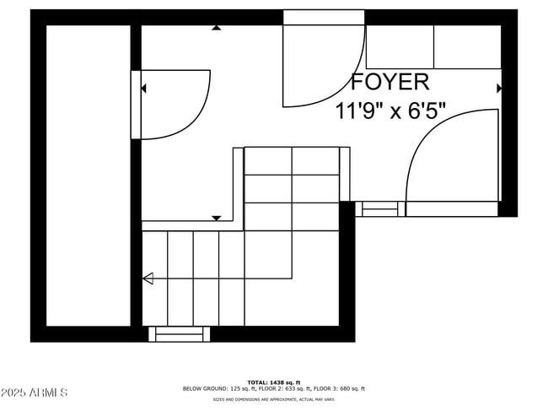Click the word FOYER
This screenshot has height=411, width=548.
click(x=390, y=82)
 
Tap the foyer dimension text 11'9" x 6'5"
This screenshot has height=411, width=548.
click(x=390, y=111)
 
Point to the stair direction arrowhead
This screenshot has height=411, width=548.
click(x=148, y=279)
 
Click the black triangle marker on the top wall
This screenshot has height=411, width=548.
click(x=217, y=28)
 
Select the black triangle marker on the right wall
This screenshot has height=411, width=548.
click(x=499, y=88)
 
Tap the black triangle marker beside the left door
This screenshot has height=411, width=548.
click(x=143, y=88)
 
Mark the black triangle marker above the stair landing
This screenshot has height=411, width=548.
click(x=217, y=218)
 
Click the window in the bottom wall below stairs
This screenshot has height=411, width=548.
click(x=180, y=334)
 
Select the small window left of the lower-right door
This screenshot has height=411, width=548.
click(x=379, y=208)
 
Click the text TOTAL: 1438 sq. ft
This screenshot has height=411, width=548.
click(x=274, y=382)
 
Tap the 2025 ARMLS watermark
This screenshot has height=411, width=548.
click(x=35, y=392)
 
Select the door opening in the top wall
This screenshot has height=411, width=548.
click(x=324, y=17)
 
